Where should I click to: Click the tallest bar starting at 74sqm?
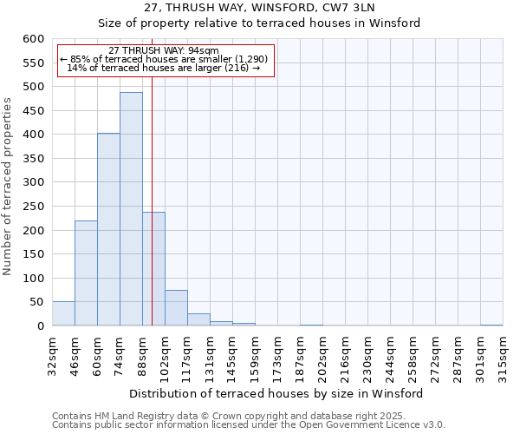[x=131, y=209]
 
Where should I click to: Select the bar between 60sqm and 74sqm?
[x=108, y=229]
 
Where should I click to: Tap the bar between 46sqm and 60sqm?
[x=86, y=273]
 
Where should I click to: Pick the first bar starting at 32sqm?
[x=63, y=314]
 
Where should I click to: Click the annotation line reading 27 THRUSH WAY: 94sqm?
[x=164, y=50]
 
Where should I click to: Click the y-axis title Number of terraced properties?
[x=8, y=187]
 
